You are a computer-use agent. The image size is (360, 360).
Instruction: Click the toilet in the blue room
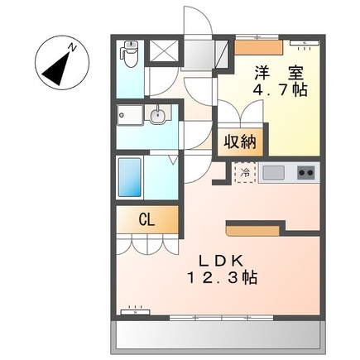(129, 54)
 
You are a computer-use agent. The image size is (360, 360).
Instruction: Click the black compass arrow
(56, 69)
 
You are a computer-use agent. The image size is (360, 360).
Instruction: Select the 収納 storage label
(240, 142)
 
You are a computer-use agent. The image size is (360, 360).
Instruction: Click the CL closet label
(146, 220)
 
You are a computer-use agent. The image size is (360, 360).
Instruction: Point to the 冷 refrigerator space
(245, 172)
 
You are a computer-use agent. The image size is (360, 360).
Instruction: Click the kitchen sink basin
(273, 172)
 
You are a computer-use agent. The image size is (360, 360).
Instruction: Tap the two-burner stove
(306, 173)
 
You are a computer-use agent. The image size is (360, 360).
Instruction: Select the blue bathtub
(130, 177)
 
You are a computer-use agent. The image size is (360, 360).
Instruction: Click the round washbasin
(158, 116)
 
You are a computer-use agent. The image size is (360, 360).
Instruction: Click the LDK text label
(221, 261)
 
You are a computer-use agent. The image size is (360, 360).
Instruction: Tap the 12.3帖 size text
(223, 278)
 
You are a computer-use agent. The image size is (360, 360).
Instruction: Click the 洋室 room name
(279, 72)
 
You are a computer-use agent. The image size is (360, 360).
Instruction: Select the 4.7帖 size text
(280, 89)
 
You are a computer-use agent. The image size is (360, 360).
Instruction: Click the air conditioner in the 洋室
(305, 42)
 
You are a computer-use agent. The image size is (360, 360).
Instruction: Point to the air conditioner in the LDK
(135, 312)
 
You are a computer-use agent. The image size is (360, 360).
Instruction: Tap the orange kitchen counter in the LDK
(252, 231)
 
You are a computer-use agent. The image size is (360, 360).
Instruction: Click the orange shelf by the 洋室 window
(259, 47)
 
